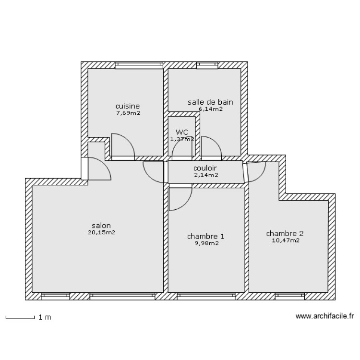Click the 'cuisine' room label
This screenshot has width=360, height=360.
pyautogui.click(x=127, y=106)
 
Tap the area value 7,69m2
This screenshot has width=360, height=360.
pyautogui.click(x=128, y=113)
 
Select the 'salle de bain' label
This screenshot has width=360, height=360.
pyautogui.click(x=210, y=102)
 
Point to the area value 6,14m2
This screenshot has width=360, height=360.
pyautogui.click(x=210, y=109)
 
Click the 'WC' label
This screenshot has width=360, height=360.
pyautogui.click(x=182, y=132)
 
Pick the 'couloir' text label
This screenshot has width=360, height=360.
pyautogui.click(x=205, y=168)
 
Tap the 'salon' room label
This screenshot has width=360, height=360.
pyautogui.click(x=101, y=225)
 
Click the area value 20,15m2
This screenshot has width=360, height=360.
pyautogui.click(x=101, y=232)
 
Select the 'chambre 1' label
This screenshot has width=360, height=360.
pyautogui.click(x=205, y=236)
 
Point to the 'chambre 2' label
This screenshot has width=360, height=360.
pyautogui.click(x=285, y=234)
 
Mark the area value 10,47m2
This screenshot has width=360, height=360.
pyautogui.click(x=285, y=240)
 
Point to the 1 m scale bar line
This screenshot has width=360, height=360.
pyautogui.click(x=20, y=318)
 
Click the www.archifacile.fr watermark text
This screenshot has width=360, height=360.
pyautogui.click(x=324, y=316)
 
